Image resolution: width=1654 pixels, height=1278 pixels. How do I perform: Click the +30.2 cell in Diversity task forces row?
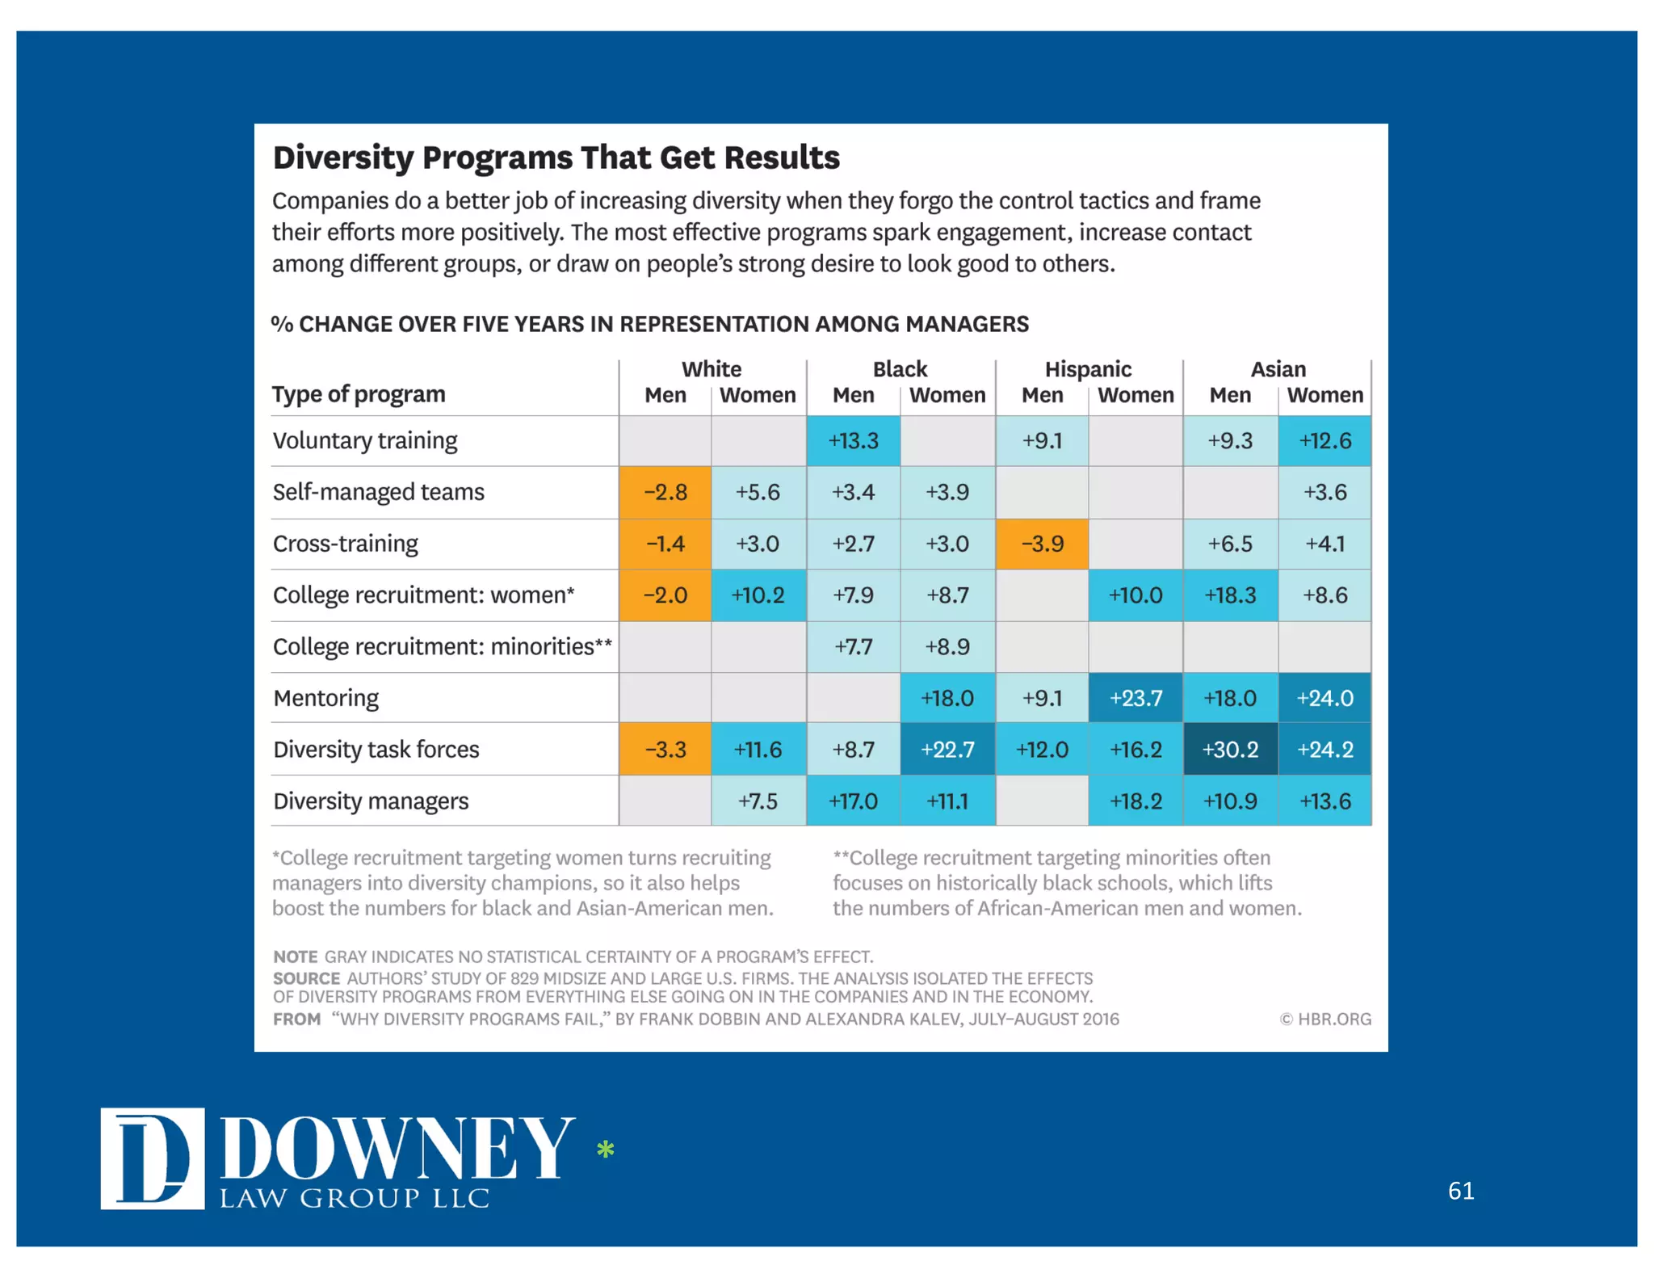tap(1229, 749)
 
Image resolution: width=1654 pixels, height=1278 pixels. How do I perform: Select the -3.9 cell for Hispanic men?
tap(1042, 544)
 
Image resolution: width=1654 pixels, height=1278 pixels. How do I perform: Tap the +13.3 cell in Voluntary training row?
tap(853, 441)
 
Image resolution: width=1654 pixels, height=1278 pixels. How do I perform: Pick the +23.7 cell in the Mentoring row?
tap(1135, 698)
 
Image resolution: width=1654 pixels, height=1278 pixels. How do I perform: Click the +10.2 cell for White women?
tap(758, 595)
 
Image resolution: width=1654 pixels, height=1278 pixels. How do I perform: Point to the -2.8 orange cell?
tap(665, 492)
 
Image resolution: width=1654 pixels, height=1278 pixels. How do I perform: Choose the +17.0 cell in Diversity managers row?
tap(853, 801)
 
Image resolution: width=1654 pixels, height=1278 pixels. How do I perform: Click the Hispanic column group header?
tap(1088, 369)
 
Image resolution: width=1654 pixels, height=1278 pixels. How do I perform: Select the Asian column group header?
tap(1278, 369)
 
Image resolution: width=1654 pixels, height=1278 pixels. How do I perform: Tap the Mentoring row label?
tap(325, 698)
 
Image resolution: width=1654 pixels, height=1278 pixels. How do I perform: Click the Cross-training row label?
tap(345, 544)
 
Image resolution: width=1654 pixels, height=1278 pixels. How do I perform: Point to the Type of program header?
tap(359, 394)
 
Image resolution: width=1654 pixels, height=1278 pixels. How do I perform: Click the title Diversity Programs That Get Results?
tap(556, 158)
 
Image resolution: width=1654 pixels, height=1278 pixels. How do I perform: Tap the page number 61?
tap(1460, 1191)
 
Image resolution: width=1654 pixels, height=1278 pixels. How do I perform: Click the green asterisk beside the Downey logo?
tap(605, 1149)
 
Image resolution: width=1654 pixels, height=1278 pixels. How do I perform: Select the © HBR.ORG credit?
tap(1324, 1019)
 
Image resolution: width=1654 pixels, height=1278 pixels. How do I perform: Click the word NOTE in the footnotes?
tap(295, 956)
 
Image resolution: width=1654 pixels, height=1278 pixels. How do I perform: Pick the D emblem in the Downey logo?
tap(152, 1158)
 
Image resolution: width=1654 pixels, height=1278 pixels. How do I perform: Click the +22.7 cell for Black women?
tap(947, 749)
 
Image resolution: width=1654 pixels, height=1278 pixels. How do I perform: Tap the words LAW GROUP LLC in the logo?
tap(355, 1198)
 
